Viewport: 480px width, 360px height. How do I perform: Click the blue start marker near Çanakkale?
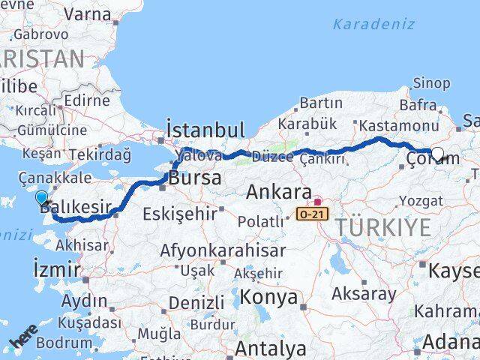tap(41, 198)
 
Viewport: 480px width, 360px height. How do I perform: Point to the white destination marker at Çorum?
tap(437, 154)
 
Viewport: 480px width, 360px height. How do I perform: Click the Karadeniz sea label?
tap(373, 23)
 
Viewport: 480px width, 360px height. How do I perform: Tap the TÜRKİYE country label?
tap(382, 226)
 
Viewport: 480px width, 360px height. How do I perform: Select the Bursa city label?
tap(195, 178)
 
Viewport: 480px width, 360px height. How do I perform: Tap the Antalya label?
tap(270, 348)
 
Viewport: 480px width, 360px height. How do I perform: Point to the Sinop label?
tap(432, 82)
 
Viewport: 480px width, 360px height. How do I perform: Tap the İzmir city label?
tap(56, 268)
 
